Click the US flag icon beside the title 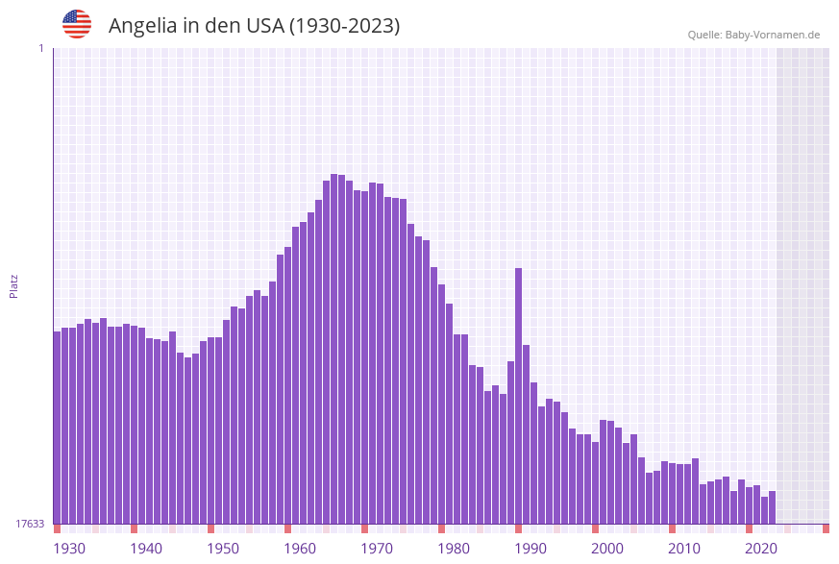(x=77, y=24)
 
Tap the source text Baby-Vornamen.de (x=772, y=35)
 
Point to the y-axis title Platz (x=14, y=285)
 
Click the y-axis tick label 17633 (x=30, y=524)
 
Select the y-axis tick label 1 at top (x=40, y=48)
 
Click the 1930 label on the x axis (x=69, y=549)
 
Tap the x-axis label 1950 (x=223, y=549)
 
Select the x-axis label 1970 (x=377, y=549)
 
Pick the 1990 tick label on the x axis (x=531, y=549)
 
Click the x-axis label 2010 (x=684, y=549)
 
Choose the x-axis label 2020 (x=761, y=549)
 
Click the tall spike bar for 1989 (x=518, y=394)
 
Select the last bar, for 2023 (x=772, y=507)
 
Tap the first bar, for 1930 (x=57, y=428)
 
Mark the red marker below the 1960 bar (x=287, y=528)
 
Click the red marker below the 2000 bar (x=595, y=528)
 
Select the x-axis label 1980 (x=454, y=549)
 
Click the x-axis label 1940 (x=146, y=549)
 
